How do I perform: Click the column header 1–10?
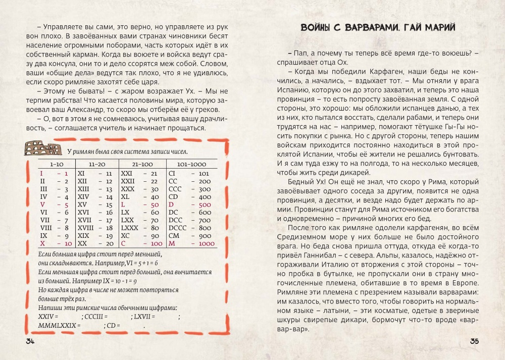(56, 165)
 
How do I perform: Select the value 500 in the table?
(205, 205)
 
